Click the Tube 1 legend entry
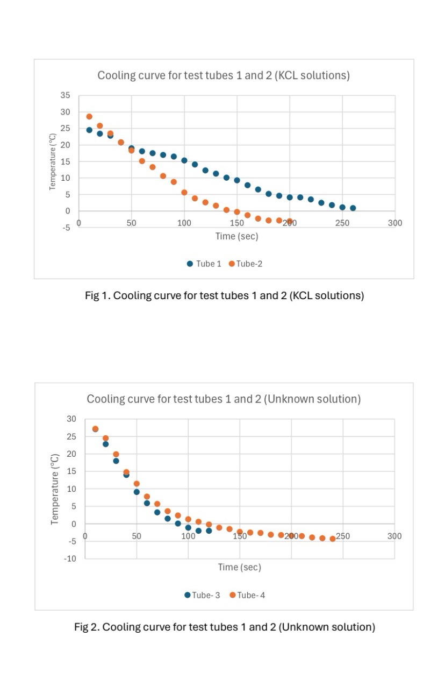(x=204, y=264)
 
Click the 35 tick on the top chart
(x=66, y=95)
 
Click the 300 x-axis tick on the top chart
(x=395, y=223)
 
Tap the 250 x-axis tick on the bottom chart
(x=343, y=536)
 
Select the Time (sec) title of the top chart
(x=236, y=236)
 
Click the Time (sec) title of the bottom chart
(x=239, y=567)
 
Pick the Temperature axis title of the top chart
(x=53, y=161)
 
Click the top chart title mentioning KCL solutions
(x=223, y=75)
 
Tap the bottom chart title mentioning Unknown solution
(x=224, y=399)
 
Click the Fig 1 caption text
(x=224, y=295)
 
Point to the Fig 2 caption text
(x=224, y=627)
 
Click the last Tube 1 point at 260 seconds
(x=353, y=208)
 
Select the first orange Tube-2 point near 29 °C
(x=89, y=116)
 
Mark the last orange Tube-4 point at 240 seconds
(x=333, y=539)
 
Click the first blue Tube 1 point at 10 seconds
(x=89, y=130)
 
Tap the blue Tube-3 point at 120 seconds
(x=209, y=531)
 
